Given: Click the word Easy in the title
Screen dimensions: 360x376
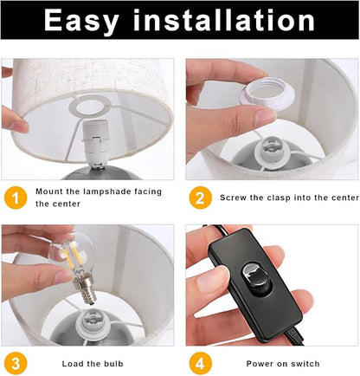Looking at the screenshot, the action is click(81, 20).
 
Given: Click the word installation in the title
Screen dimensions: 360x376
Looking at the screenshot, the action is click(224, 19).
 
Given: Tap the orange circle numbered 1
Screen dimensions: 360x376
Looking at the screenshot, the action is click(16, 198).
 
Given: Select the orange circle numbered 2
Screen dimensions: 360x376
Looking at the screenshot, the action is click(201, 198).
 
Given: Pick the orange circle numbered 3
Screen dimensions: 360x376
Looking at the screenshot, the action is click(16, 364).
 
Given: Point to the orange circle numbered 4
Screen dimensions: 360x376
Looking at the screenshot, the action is click(201, 364).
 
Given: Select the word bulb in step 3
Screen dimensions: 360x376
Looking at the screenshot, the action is click(113, 364).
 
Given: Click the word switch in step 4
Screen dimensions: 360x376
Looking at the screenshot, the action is click(305, 364).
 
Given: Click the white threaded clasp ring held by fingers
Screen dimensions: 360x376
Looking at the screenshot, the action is click(267, 94).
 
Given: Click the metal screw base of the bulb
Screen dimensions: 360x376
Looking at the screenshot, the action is click(83, 289).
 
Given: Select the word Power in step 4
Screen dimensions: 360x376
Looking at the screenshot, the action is click(258, 364).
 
